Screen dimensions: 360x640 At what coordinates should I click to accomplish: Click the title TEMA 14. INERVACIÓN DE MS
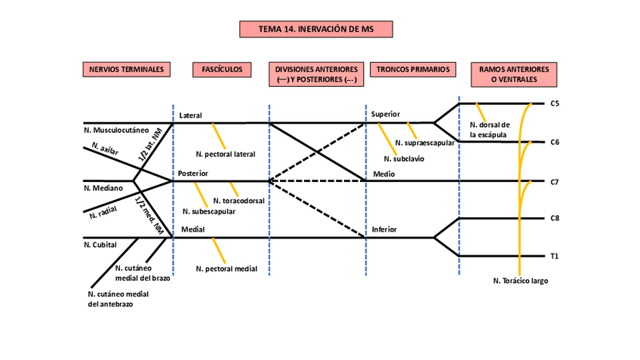tap(316, 29)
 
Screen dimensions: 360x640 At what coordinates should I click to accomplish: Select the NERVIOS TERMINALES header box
tap(126, 69)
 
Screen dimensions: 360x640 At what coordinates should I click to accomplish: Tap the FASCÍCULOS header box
tap(222, 69)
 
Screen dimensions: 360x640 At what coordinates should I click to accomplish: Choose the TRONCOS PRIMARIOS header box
tap(414, 69)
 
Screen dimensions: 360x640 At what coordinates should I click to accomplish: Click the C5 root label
tap(554, 103)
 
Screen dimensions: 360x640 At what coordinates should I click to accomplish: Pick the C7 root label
tap(554, 182)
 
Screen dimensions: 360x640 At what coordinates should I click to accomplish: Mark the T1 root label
tap(554, 257)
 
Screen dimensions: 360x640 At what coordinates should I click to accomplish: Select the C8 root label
tap(554, 219)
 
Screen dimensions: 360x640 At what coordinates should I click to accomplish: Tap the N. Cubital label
tap(99, 245)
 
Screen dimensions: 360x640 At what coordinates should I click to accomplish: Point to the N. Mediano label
tap(101, 188)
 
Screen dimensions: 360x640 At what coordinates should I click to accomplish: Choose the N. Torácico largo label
tap(520, 281)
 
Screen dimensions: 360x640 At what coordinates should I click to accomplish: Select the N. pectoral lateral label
tap(225, 154)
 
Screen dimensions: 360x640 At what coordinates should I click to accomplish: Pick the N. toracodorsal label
tap(239, 201)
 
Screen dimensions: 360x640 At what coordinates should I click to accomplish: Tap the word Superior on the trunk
tap(385, 115)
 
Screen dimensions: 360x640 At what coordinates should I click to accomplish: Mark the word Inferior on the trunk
tap(384, 229)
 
